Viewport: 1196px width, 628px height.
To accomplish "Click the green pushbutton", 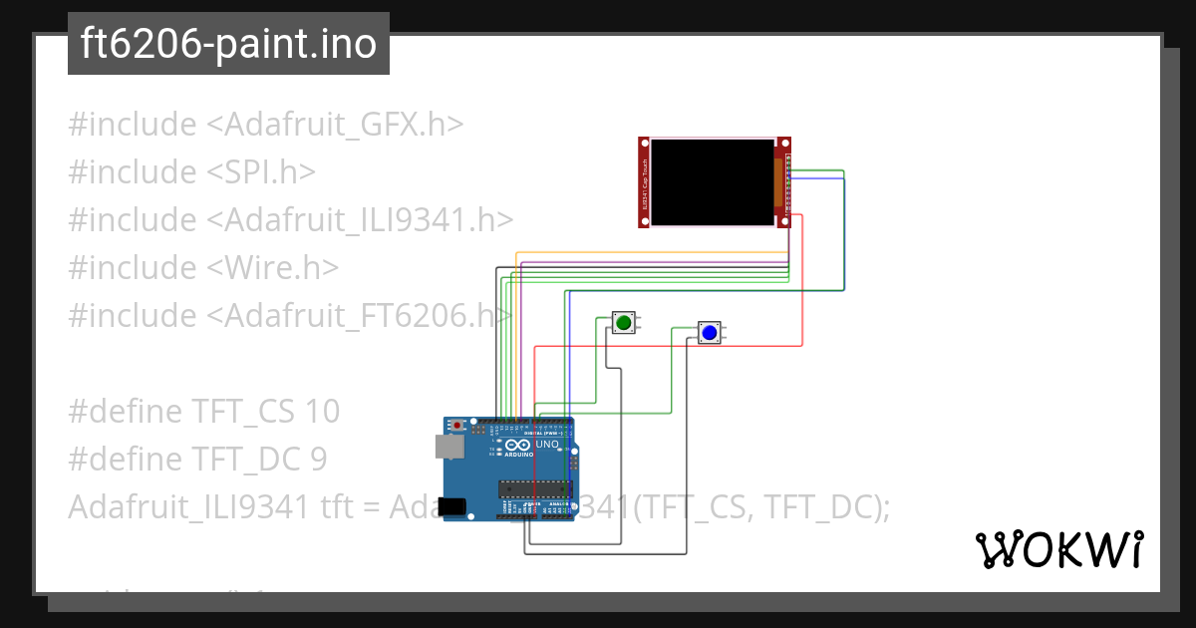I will pyautogui.click(x=624, y=322).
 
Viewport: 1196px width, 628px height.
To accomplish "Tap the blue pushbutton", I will pyautogui.click(x=709, y=332).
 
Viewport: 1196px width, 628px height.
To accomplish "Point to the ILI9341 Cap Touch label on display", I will pyautogui.click(x=645, y=181).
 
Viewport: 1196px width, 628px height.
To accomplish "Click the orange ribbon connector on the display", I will pyautogui.click(x=778, y=181).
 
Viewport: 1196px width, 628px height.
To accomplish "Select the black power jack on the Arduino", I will pyautogui.click(x=453, y=506).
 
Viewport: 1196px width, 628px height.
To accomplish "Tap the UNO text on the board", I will pyautogui.click(x=546, y=445).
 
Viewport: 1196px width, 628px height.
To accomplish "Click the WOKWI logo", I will pyautogui.click(x=1058, y=550).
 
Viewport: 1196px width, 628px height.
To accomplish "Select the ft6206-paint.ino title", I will pyautogui.click(x=228, y=44).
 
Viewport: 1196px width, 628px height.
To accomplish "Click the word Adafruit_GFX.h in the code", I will pyautogui.click(x=335, y=125).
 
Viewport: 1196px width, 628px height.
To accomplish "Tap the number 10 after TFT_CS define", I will pyautogui.click(x=323, y=411).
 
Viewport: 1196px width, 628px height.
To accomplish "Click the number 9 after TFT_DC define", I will pyautogui.click(x=318, y=459).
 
